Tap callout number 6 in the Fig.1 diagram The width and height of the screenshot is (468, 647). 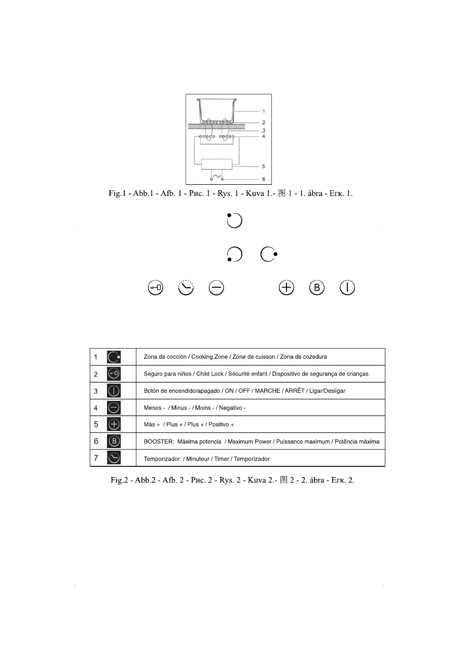264,179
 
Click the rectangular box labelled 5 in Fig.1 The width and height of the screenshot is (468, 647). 217,165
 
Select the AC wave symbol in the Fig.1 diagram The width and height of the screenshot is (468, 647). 217,177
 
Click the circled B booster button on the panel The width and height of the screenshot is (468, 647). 317,288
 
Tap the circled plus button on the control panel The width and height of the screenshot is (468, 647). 286,288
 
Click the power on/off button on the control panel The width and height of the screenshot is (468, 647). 347,288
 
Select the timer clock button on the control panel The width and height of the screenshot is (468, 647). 186,288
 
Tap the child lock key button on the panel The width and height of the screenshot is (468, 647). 156,288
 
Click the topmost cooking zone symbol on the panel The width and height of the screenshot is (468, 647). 234,221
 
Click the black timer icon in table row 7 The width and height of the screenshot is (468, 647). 114,458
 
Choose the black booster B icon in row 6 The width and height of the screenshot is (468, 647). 114,441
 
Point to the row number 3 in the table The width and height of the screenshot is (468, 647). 96,391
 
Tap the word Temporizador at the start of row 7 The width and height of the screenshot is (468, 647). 162,459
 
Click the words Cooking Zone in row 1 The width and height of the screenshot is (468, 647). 208,357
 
